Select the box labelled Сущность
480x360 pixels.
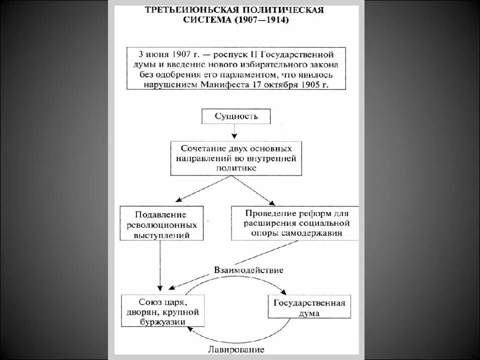(236, 117)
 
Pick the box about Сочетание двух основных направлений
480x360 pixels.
(236, 158)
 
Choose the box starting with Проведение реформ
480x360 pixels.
(295, 222)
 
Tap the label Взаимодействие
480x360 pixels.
(248, 270)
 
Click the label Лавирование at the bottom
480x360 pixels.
(235, 349)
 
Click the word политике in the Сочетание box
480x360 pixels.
(236, 169)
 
